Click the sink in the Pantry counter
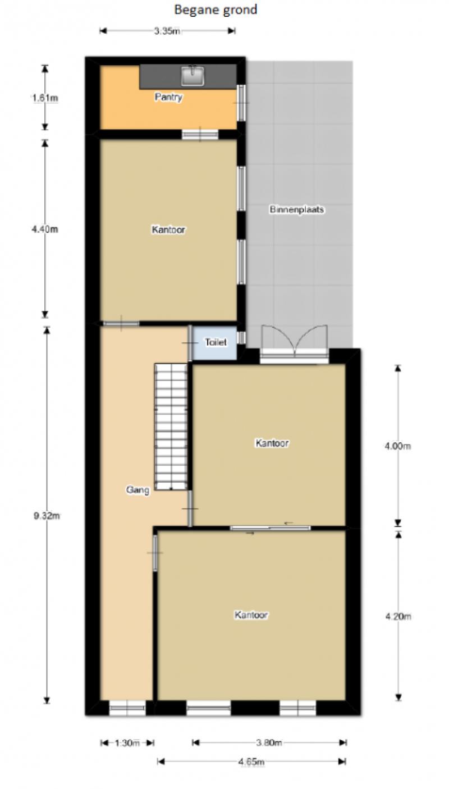point(193,75)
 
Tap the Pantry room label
point(168,97)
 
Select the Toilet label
point(216,342)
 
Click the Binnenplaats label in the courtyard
point(296,209)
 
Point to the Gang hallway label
point(138,490)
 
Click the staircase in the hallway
point(171,426)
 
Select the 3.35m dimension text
point(167,31)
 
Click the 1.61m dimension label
point(45,98)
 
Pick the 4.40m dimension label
point(45,230)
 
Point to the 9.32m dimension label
point(47,516)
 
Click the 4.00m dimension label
point(397,446)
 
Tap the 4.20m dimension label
point(398,616)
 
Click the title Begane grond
point(216,10)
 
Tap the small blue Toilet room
point(215,343)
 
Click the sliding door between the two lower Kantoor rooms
point(271,527)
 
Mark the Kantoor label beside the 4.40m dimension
point(168,230)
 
